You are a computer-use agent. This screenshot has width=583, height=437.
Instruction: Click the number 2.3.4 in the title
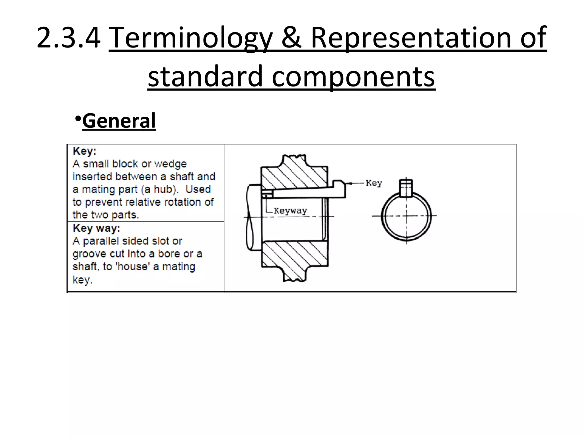pyautogui.click(x=69, y=38)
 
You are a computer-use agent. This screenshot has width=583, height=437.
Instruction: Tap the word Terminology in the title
pyautogui.click(x=190, y=38)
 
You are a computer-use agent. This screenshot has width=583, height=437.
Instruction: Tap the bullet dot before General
pyautogui.click(x=77, y=118)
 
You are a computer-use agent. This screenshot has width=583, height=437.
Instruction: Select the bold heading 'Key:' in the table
pyautogui.click(x=85, y=151)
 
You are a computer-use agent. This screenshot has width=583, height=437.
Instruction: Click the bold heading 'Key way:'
pyautogui.click(x=97, y=228)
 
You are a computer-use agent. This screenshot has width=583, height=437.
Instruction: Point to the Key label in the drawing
pyautogui.click(x=374, y=183)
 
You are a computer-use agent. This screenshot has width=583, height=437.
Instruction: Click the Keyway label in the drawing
pyautogui.click(x=290, y=211)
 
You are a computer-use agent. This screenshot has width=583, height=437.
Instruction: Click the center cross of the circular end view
pyautogui.click(x=407, y=216)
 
